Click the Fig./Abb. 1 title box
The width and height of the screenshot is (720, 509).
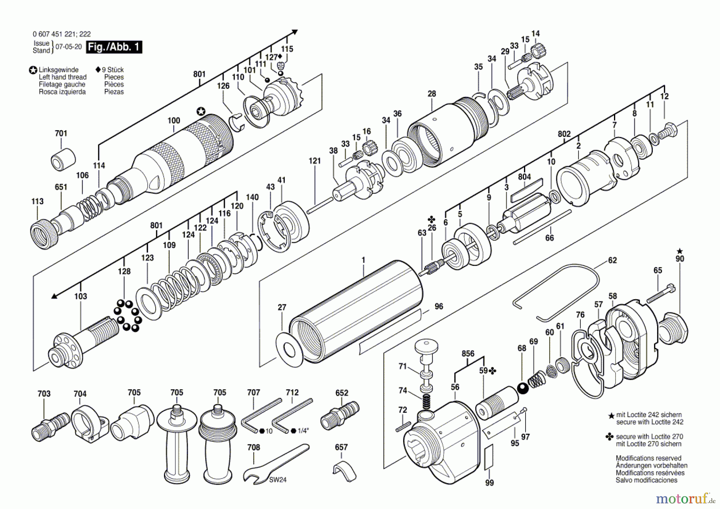coord(114,47)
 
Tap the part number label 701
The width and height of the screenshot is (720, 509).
coord(61,133)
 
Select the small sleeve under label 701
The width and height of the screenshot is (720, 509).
coord(63,159)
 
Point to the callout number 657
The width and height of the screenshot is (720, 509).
coord(341,447)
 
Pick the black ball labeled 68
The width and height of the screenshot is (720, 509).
coord(523,388)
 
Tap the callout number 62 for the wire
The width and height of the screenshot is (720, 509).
coord(612,260)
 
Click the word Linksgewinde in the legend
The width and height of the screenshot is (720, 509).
coord(58,70)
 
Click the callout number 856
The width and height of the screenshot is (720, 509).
coord(468,354)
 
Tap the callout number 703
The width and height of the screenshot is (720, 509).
coord(44,394)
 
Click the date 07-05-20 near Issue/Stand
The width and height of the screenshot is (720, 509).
coord(68,46)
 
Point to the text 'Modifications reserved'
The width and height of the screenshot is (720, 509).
coord(648,458)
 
